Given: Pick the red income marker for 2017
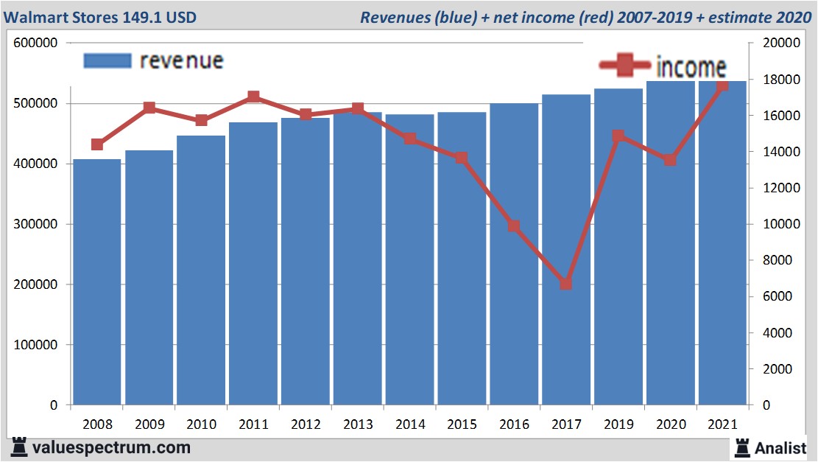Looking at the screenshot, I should point(565,284).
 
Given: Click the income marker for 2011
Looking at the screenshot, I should point(253,97).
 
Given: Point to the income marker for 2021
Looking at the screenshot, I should point(722,85).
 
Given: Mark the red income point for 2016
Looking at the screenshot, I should point(514,226).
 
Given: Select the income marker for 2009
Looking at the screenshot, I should point(149,108).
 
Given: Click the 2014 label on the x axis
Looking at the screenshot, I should point(410,425).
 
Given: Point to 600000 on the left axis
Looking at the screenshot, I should point(36,43).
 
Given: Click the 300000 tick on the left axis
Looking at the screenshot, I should point(36,224).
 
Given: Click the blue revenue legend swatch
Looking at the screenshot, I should point(107,60).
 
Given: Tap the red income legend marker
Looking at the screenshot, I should point(625,66).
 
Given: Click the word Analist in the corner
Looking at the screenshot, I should point(780,447).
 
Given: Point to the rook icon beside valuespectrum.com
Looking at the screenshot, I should point(18,447).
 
